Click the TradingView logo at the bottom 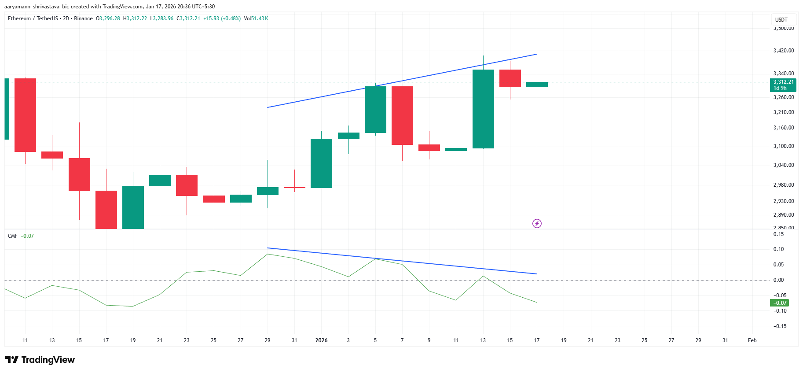[40, 360]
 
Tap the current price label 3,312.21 [784, 82]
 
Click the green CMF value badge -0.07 [779, 303]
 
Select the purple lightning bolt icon [537, 224]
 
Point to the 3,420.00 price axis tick [784, 51]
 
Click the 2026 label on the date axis [321, 340]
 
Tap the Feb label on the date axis [752, 340]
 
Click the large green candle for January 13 [483, 109]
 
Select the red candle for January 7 [402, 115]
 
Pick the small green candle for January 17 [537, 85]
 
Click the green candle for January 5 [375, 110]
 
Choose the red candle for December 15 [79, 174]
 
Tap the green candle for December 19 [133, 207]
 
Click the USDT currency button [781, 20]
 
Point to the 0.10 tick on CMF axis [778, 249]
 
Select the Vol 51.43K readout [256, 18]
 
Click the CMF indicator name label [13, 236]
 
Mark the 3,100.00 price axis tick [784, 146]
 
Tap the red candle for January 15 [510, 78]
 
